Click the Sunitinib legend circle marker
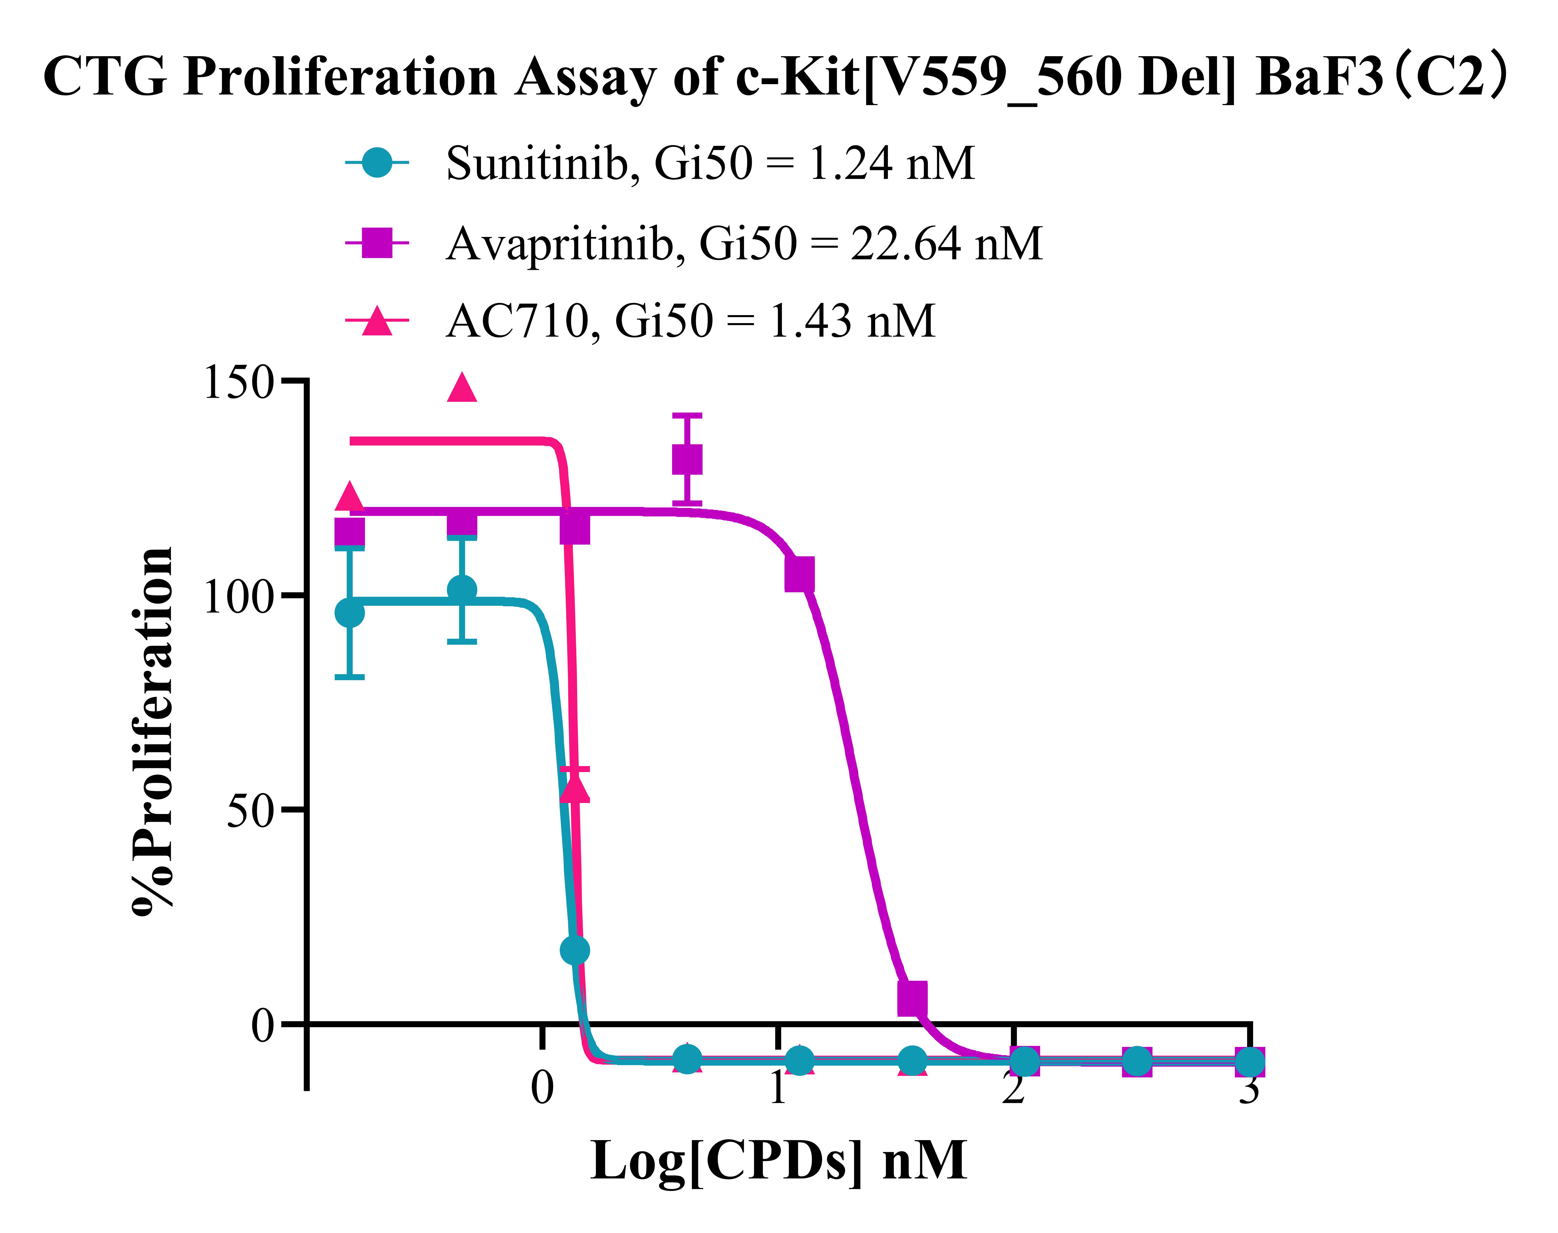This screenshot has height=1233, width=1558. (377, 163)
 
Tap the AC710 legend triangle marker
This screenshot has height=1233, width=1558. (377, 321)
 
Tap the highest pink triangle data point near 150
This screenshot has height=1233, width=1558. (462, 388)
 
